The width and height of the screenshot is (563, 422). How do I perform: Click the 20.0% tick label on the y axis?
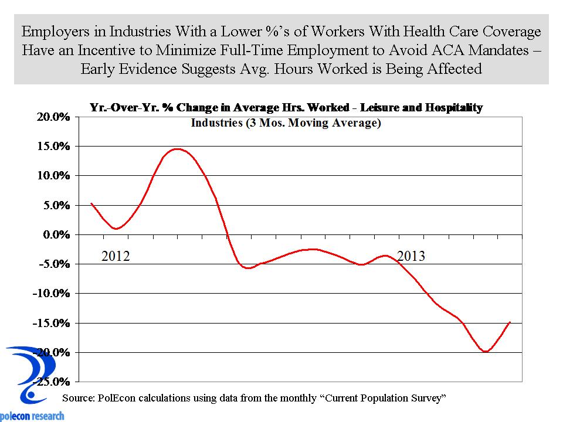coord(55,117)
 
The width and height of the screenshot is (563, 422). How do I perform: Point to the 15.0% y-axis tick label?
coord(55,146)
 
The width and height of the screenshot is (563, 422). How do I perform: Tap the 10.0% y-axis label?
coord(55,175)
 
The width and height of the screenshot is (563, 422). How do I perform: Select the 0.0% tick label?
coord(57,234)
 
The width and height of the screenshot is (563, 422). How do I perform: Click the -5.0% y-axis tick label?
coord(55,264)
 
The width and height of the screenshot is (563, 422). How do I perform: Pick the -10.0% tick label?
coord(52,293)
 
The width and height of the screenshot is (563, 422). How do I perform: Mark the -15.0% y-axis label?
coord(52,323)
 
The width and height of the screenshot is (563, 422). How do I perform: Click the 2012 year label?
coord(116,256)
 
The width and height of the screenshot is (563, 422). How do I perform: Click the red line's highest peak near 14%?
coord(177,149)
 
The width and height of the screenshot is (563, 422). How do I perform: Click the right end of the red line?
coord(510,322)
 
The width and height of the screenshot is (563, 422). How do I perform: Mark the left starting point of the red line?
coord(91,203)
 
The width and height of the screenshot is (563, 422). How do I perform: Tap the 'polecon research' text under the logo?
coord(32,416)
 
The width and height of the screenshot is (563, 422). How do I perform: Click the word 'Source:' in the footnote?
coord(78,398)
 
